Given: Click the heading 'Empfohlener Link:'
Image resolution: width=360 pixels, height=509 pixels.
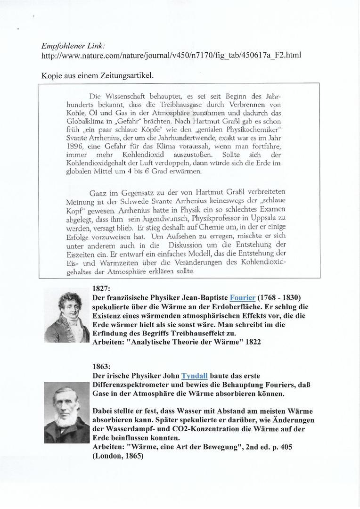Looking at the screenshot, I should pos(73,47).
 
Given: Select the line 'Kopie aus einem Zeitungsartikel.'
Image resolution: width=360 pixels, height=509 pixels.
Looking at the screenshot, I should pos(98,74).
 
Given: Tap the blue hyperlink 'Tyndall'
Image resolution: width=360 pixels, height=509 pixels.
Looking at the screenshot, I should pos(195,376).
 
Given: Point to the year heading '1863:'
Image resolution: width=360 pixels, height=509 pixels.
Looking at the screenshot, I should pos(102,367).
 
